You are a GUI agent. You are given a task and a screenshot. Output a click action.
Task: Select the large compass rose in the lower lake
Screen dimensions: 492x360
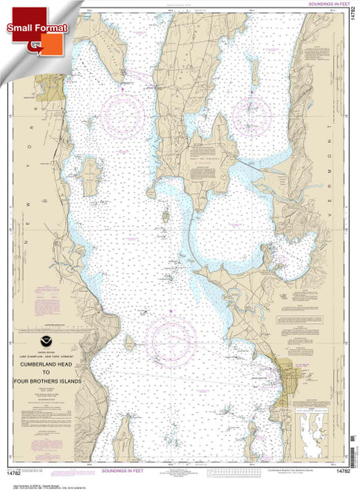(x=175, y=343)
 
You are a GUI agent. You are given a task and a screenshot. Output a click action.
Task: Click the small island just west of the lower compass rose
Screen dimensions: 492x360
(x=131, y=342)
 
